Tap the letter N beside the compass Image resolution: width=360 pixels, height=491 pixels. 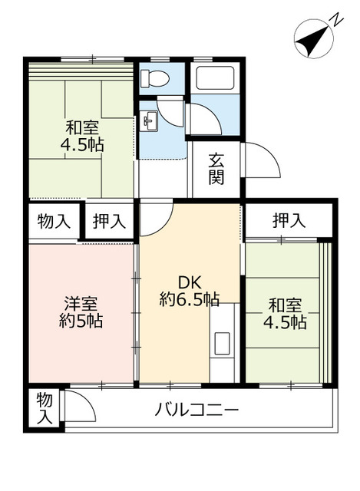coord(337,21)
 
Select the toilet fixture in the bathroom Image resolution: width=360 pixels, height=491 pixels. coord(154,77)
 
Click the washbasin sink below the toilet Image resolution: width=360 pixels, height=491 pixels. coord(150,119)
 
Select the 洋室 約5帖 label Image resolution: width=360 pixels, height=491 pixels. coord(81,312)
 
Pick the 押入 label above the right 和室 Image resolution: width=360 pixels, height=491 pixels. coord(290,221)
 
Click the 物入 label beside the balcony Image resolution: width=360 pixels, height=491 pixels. coord(45,409)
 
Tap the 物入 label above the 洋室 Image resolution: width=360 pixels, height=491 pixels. coord(54,222)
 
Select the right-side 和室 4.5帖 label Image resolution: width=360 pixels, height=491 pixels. coord(285,314)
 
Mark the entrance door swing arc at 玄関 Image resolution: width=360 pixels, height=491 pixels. coord(261,162)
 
